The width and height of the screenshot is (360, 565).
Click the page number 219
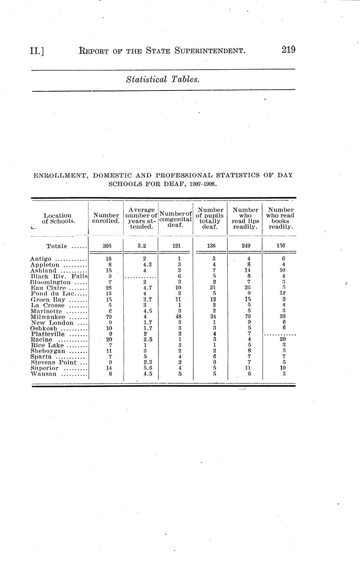pos(288,50)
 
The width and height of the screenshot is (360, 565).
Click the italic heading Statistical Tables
pos(163,79)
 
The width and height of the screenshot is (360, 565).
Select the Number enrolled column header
pos(106,218)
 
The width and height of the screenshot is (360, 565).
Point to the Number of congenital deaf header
pos(175,219)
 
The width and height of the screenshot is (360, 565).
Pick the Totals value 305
pos(106,246)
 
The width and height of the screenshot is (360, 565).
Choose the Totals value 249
pos(245,246)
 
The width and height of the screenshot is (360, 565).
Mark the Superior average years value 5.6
pos(142,368)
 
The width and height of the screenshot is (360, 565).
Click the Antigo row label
pos(41,259)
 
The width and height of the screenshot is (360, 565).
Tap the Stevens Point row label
pos(54,362)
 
